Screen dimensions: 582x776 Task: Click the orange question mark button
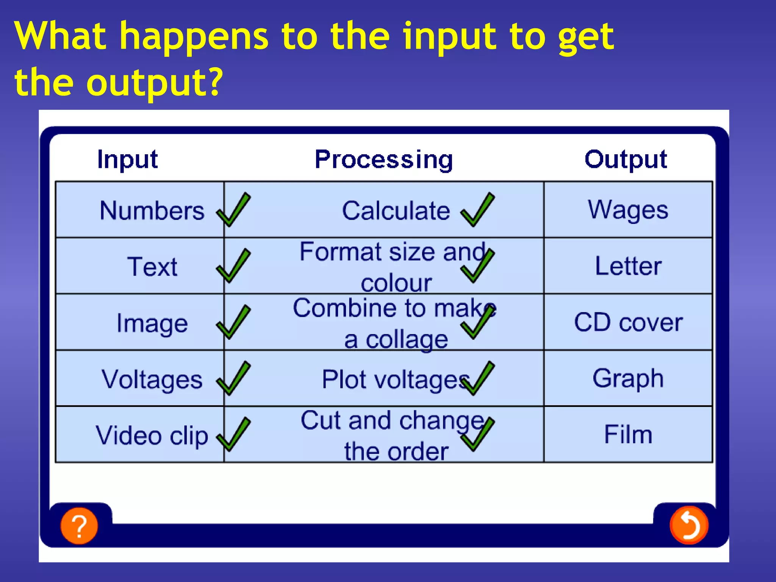[79, 526]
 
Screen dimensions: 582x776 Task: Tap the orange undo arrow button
[688, 525]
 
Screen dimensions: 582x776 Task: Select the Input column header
[127, 160]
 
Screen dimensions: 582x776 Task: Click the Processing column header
[384, 160]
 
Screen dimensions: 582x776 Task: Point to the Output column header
[626, 160]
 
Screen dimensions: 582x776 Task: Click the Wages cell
[628, 210]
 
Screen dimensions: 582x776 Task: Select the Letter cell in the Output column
[628, 266]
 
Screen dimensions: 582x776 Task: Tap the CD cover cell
[628, 322]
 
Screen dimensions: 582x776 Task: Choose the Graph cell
[628, 378]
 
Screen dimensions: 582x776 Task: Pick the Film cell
[628, 434]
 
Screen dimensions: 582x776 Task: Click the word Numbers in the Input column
[152, 210]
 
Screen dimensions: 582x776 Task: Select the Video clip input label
[152, 435]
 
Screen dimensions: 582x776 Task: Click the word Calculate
[396, 210]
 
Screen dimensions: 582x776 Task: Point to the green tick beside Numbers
[233, 210]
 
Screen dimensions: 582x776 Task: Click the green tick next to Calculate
[477, 210]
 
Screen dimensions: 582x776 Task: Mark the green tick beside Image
[233, 322]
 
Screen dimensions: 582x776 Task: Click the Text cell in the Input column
[152, 266]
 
